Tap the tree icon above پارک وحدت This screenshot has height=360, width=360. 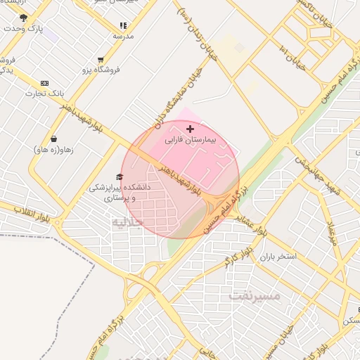tap(23, 18)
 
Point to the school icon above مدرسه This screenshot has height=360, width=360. tap(124, 25)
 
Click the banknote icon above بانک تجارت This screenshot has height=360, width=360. tap(45, 83)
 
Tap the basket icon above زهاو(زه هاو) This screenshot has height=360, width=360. tap(54, 139)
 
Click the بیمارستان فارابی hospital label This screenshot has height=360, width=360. tap(191, 140)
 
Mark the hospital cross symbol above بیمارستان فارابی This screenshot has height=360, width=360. tap(190, 129)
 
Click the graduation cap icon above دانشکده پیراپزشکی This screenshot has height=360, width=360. tap(119, 177)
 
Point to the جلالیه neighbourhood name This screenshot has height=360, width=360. tap(127, 221)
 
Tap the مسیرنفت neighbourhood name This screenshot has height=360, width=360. tap(254, 296)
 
